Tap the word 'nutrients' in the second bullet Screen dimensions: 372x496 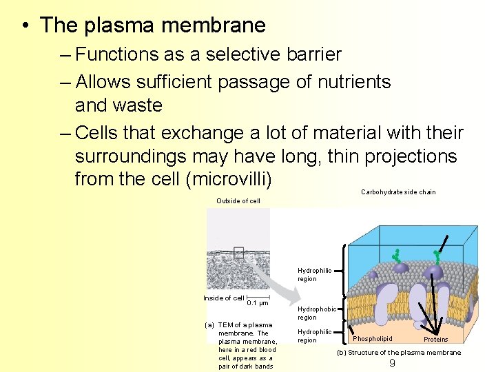[354, 82]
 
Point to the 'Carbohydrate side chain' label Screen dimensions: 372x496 [398, 192]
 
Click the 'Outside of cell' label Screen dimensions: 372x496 [238, 201]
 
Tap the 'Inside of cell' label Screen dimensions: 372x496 [224, 298]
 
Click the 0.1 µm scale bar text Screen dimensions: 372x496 [258, 303]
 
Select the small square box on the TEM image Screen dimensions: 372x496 [238, 252]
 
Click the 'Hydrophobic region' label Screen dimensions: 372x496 [317, 313]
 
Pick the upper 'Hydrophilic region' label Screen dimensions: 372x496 [315, 275]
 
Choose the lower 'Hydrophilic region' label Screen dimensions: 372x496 [315, 336]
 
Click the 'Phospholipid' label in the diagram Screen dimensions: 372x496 [373, 339]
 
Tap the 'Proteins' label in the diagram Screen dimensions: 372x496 [435, 339]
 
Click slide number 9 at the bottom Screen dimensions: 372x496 [392, 363]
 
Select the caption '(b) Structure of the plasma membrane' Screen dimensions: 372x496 [399, 353]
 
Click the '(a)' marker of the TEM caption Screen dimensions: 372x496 [209, 324]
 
